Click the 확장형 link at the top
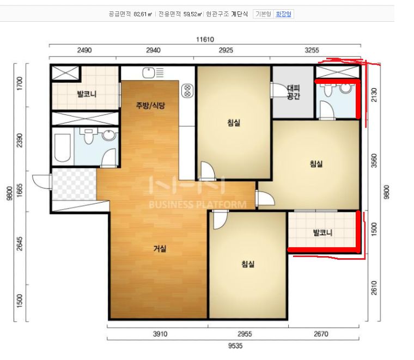coord(283,14)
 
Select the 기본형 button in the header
coord(263,14)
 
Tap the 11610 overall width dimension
coord(205,40)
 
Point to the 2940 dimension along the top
coord(153,50)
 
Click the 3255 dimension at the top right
coord(312,50)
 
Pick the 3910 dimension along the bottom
coord(160,334)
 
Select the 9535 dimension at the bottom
coord(235,346)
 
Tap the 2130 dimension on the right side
coord(374,95)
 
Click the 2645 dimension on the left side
coord(20,243)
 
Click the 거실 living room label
coord(160,248)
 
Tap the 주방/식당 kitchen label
coord(150,106)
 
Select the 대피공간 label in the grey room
coord(293,92)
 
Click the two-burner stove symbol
coord(188,91)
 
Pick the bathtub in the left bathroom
coord(63,148)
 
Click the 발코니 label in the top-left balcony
coord(87,94)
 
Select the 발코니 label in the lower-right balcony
coord(322,233)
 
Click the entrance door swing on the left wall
coord(42,181)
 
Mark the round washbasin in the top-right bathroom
coord(346,88)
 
